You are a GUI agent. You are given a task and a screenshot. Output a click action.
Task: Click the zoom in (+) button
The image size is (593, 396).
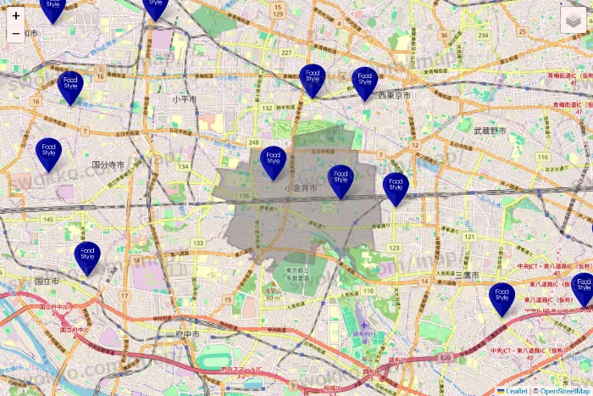16,16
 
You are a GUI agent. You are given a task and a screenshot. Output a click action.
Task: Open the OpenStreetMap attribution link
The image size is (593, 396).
564,391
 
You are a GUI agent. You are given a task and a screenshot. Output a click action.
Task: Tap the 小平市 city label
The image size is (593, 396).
185,99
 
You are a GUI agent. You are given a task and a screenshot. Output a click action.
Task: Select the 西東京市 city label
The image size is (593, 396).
394,96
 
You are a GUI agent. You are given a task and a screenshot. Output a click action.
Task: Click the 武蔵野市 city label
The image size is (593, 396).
489,131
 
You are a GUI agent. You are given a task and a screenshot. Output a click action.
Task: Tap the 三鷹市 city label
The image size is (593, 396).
467,276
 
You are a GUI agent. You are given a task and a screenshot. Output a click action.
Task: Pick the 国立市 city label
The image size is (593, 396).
47,281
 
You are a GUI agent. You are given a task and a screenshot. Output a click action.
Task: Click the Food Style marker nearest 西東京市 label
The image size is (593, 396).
364,83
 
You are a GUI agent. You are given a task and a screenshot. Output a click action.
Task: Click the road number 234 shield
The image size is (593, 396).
483,35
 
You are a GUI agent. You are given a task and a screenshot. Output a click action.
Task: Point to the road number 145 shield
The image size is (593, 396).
47,220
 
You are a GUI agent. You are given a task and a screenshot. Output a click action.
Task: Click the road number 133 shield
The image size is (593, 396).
198,243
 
